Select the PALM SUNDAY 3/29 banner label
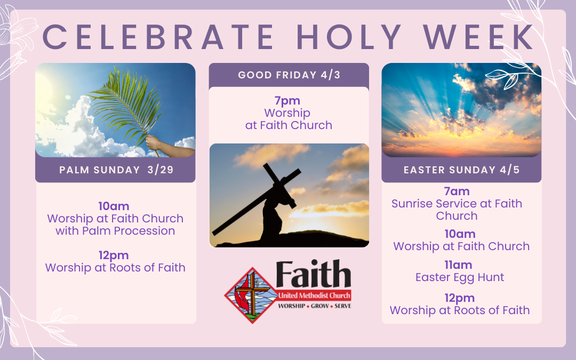click(x=115, y=170)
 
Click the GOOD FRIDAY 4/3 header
click(x=289, y=75)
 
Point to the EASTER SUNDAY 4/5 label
click(x=461, y=170)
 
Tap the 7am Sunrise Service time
click(x=457, y=191)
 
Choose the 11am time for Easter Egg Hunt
click(x=459, y=265)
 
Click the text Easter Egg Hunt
click(x=460, y=277)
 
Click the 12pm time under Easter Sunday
click(x=459, y=298)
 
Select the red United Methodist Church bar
click(x=314, y=296)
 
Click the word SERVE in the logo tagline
click(x=342, y=306)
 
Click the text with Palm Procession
click(x=115, y=231)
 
